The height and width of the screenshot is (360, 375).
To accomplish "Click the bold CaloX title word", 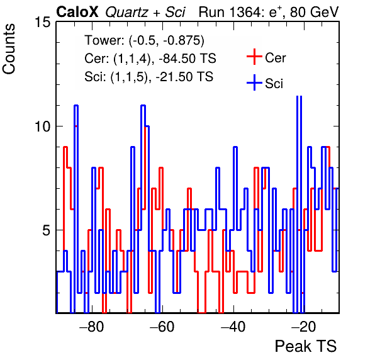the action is pyautogui.click(x=77, y=12).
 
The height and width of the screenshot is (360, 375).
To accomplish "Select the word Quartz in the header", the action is pyautogui.click(x=126, y=13).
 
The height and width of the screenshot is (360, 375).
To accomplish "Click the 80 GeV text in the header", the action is pyautogui.click(x=315, y=12).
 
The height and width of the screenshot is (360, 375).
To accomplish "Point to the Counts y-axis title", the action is pyautogui.click(x=9, y=49).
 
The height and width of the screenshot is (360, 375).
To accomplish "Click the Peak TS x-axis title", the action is pyautogui.click(x=306, y=346).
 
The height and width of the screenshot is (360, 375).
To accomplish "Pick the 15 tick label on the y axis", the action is pyautogui.click(x=43, y=22).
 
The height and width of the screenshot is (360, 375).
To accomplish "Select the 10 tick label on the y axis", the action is pyautogui.click(x=43, y=127).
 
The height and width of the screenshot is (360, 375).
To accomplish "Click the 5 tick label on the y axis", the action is pyautogui.click(x=47, y=230).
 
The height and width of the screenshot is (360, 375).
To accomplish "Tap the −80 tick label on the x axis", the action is pyautogui.click(x=92, y=326).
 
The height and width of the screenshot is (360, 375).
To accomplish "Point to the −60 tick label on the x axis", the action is pyautogui.click(x=162, y=326).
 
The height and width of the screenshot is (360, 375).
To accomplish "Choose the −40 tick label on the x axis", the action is pyautogui.click(x=233, y=326).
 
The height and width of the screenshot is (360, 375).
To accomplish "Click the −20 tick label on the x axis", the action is pyautogui.click(x=304, y=326).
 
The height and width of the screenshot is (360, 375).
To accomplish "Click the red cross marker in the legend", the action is pyautogui.click(x=254, y=57).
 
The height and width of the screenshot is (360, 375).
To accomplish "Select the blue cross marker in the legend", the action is pyautogui.click(x=254, y=82).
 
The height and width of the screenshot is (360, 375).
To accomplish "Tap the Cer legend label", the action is pyautogui.click(x=276, y=58).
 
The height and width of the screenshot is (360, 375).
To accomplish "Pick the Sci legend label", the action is pyautogui.click(x=274, y=84).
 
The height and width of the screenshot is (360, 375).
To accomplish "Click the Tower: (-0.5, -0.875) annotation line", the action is pyautogui.click(x=145, y=40).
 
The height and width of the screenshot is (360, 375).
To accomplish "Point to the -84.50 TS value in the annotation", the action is pyautogui.click(x=187, y=59).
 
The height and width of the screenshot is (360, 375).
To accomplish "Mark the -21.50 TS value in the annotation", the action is pyautogui.click(x=184, y=77).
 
